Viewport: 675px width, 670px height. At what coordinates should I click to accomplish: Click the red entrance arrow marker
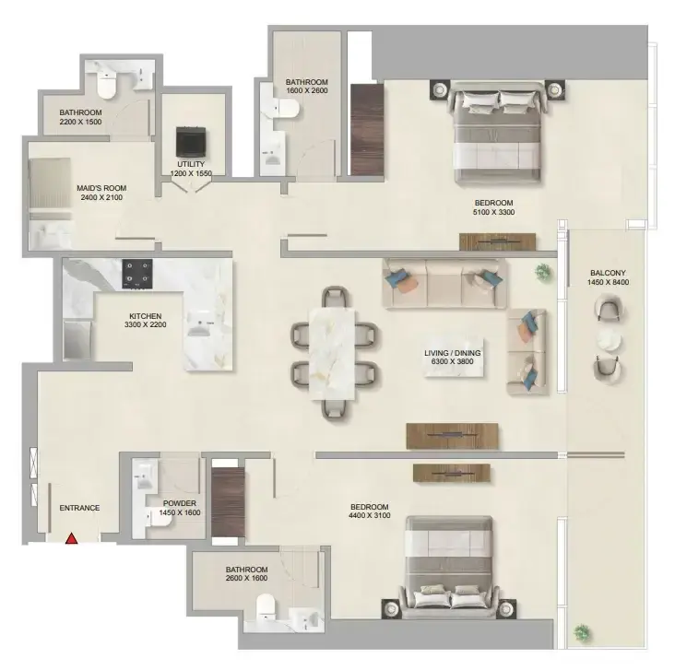pos(71,538)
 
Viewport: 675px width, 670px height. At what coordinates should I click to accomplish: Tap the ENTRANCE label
pos(79,508)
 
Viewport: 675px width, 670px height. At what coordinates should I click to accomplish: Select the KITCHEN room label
pos(146,316)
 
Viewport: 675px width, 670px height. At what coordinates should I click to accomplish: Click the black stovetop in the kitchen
pos(137,274)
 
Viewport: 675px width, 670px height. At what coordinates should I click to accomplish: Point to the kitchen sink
pos(201,323)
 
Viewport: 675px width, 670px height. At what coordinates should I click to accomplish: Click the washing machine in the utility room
pos(192,142)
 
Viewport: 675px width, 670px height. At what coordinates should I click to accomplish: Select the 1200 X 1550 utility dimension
pos(191,173)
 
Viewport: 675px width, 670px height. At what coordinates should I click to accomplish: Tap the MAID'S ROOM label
pos(101,188)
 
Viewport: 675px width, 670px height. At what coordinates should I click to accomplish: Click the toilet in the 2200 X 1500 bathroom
pos(107,85)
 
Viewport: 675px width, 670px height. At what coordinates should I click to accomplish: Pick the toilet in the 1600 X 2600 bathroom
pos(286,108)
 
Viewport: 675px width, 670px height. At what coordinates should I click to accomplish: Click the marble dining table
pos(331,353)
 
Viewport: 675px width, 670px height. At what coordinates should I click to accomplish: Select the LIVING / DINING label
pos(453,353)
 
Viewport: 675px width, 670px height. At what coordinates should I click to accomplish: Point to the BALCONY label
pos(608,273)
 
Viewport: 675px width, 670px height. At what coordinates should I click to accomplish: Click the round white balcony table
pos(609,341)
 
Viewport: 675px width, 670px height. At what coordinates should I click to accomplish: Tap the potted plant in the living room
pos(543,272)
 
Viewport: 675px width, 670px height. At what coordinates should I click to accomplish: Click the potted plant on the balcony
pos(582,632)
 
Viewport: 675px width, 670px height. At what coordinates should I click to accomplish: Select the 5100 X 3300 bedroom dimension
pos(493,212)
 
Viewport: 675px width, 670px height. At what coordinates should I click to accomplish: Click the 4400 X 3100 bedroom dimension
pos(370,515)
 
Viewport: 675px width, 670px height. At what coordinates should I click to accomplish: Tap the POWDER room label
pos(180,503)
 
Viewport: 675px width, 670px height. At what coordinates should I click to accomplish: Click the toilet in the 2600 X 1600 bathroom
pos(266,607)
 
